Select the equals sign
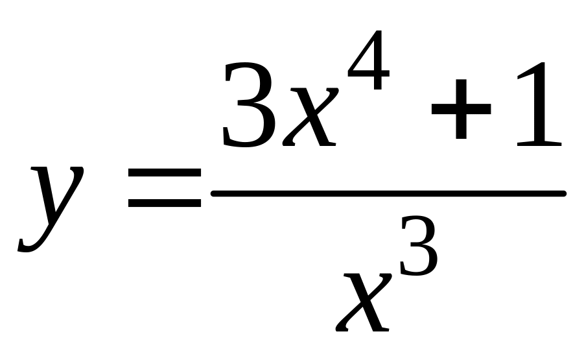[165, 188]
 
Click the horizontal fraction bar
[389, 193]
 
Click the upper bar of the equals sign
[165, 174]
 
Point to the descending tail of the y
[32, 243]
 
